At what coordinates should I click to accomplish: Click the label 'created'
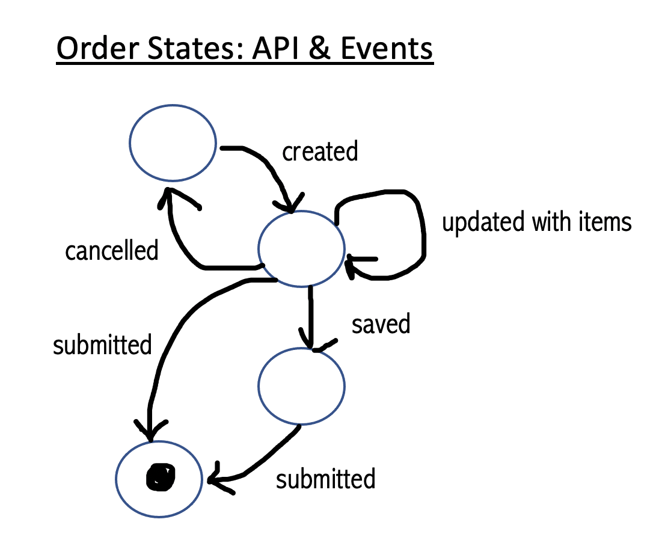coord(320,152)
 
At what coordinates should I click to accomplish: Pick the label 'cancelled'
coord(111,250)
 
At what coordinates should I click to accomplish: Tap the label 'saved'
coord(381,324)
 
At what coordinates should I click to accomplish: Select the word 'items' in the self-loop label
coord(607,222)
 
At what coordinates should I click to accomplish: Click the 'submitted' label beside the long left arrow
coord(102,345)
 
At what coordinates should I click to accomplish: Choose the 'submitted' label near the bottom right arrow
coord(325,479)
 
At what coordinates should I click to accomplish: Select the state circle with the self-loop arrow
coord(301,247)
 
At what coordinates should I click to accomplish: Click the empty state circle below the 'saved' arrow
coord(301,386)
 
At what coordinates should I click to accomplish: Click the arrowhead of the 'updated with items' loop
coord(352,265)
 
